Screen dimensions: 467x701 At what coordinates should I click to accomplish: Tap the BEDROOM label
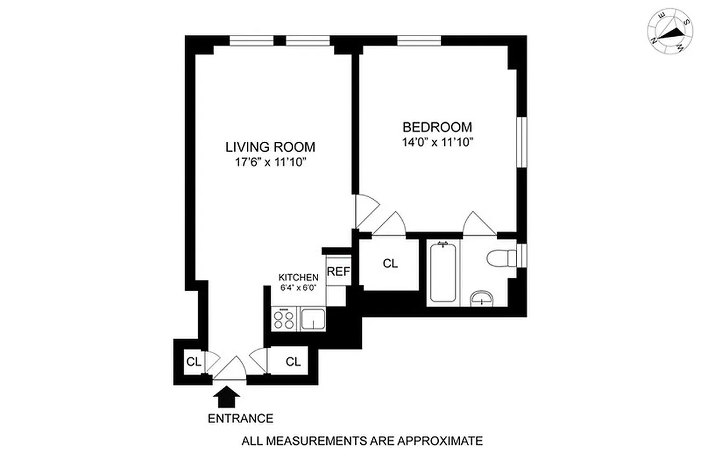(x=437, y=127)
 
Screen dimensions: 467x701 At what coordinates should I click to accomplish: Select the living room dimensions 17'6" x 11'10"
(x=271, y=163)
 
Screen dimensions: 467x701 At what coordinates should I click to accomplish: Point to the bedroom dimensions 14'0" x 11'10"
(x=437, y=143)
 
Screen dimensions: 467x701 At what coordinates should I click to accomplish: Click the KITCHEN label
(x=298, y=277)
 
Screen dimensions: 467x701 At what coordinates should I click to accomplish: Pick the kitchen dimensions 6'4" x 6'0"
(x=298, y=288)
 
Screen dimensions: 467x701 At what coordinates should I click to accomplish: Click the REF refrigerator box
(x=338, y=271)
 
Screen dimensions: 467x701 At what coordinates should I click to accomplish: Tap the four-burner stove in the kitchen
(x=284, y=319)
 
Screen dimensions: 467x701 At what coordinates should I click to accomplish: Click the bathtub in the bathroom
(x=442, y=273)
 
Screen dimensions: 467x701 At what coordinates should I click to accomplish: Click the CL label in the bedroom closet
(x=390, y=264)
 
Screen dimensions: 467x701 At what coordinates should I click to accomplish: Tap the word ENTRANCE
(x=240, y=419)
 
